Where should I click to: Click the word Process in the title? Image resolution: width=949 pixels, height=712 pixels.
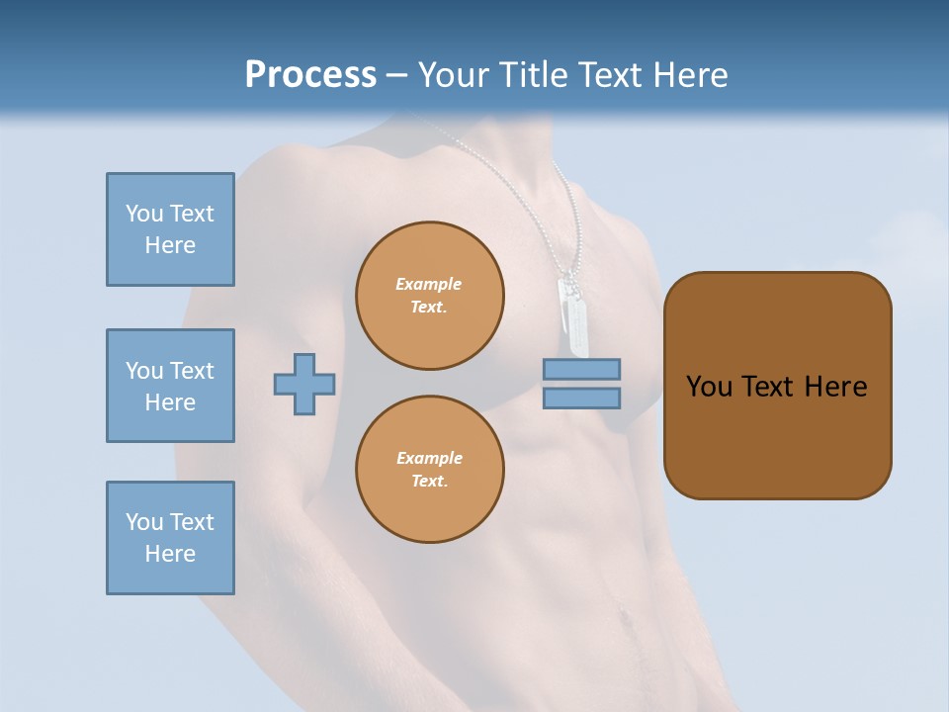point(310,75)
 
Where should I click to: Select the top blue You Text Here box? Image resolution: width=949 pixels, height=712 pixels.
point(170,229)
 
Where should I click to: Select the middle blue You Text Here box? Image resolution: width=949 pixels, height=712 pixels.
point(170,386)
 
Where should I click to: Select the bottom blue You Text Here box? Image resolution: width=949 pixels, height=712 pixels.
point(170,538)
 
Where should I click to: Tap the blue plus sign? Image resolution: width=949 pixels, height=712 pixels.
point(304,384)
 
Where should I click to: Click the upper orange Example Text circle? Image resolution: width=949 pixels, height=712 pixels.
point(429,296)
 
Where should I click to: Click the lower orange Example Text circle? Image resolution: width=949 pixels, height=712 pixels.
point(429,470)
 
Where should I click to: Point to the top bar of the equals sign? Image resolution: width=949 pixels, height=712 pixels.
point(582,370)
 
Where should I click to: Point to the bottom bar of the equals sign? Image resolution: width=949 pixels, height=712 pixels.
point(582,398)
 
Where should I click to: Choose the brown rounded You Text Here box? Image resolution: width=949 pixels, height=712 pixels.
point(777,385)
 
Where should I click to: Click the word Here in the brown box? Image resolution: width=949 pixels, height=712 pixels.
point(835,387)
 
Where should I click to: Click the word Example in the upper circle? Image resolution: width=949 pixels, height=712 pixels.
point(429,284)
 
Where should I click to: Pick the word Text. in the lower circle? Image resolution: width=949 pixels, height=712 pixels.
point(429,482)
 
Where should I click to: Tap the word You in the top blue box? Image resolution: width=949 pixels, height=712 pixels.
point(144,214)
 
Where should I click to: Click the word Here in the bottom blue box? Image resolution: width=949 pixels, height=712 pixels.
point(170,554)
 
